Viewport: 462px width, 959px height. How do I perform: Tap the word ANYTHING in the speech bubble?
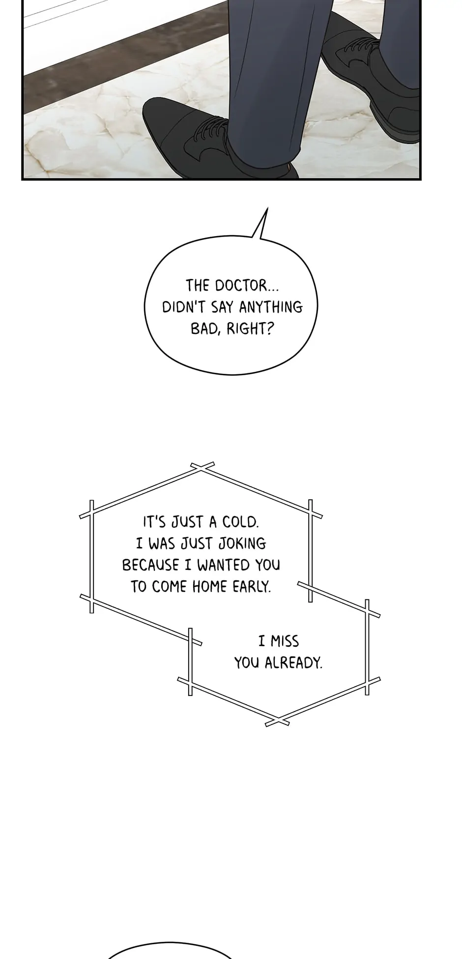[x=271, y=307]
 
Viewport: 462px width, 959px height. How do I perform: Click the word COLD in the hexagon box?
[x=240, y=522]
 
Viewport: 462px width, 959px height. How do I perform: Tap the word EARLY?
[x=252, y=587]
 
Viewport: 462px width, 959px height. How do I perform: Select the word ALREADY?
[x=293, y=663]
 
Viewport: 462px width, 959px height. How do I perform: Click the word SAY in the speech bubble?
[x=222, y=307]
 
